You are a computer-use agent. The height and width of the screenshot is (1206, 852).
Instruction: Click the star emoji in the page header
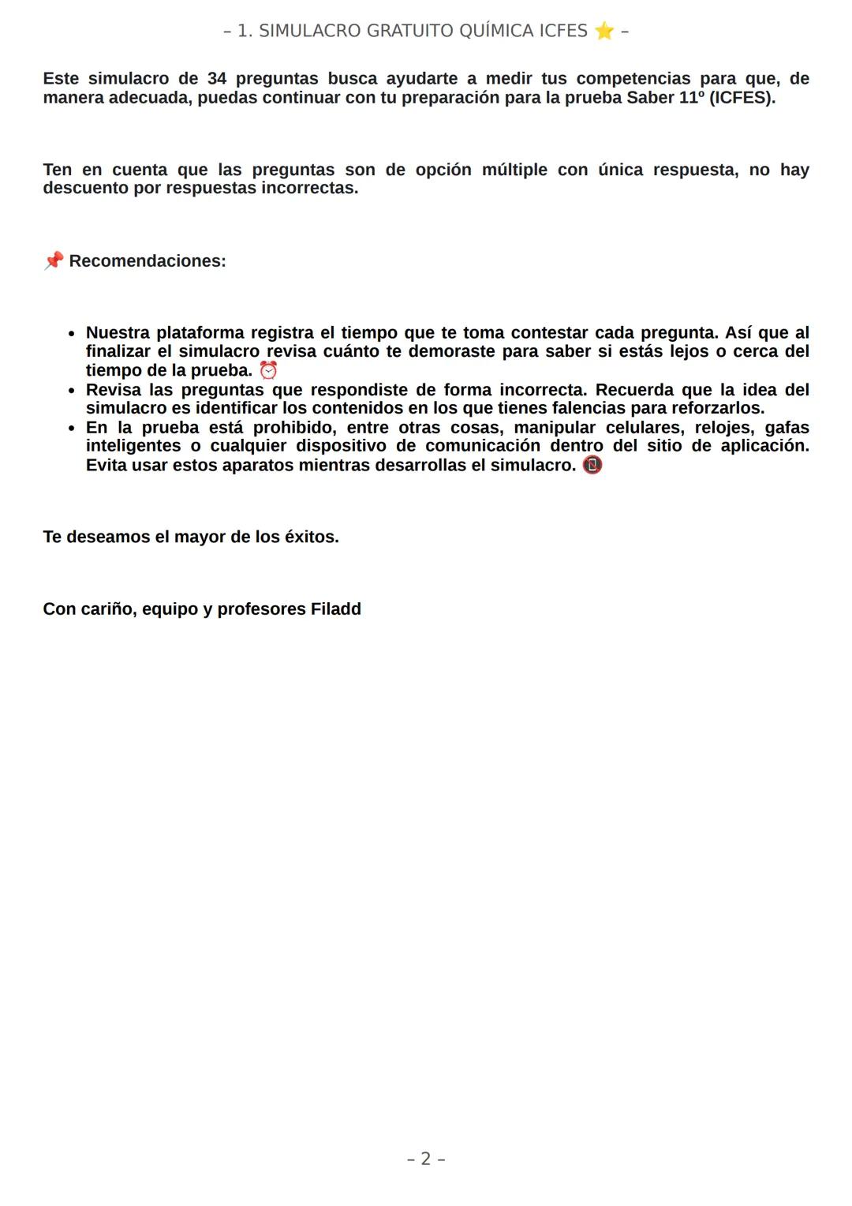pyautogui.click(x=603, y=32)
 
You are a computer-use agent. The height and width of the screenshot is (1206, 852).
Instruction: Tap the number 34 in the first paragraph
pyautogui.click(x=217, y=79)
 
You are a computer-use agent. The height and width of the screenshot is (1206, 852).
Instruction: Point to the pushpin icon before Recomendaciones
pyautogui.click(x=54, y=261)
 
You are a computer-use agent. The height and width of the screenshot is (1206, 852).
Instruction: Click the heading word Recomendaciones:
pyautogui.click(x=148, y=261)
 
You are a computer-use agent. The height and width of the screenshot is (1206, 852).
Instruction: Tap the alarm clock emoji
pyautogui.click(x=269, y=370)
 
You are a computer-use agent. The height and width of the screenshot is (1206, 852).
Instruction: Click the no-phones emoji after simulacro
pyautogui.click(x=592, y=465)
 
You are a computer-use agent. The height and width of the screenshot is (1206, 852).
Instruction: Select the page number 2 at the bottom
pyautogui.click(x=426, y=1159)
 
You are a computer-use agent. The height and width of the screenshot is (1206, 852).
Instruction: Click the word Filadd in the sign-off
pyautogui.click(x=335, y=609)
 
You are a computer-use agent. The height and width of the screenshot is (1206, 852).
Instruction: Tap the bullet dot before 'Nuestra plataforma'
pyautogui.click(x=72, y=334)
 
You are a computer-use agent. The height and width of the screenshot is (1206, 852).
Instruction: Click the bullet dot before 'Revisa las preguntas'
pyautogui.click(x=72, y=391)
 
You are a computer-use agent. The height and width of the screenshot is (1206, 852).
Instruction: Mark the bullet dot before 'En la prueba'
pyautogui.click(x=72, y=429)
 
